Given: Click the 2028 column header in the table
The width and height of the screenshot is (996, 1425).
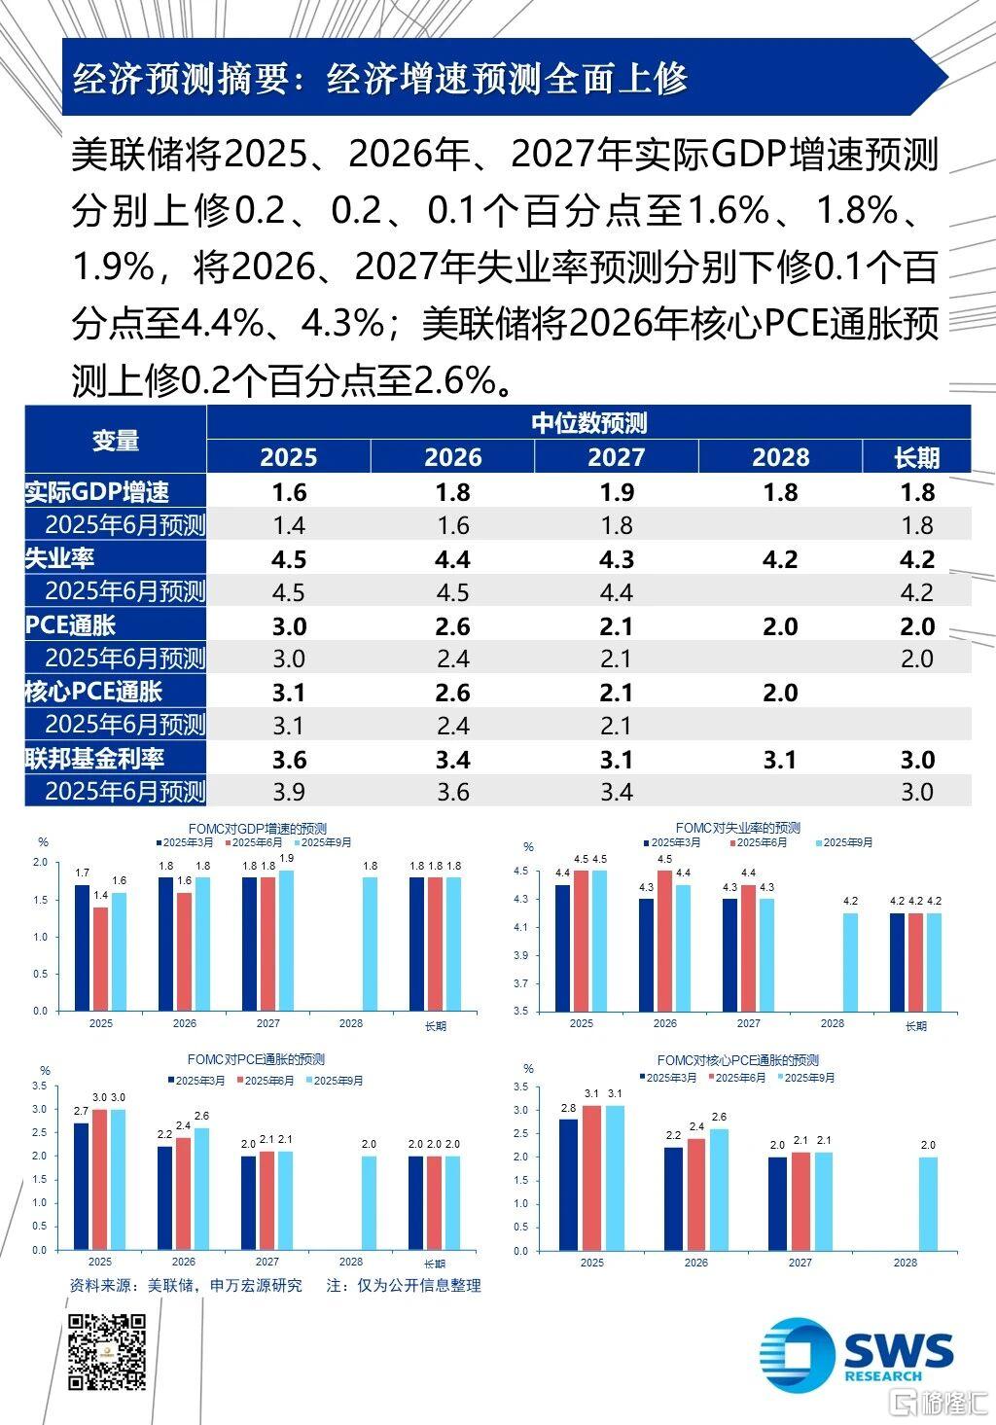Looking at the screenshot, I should point(780,457).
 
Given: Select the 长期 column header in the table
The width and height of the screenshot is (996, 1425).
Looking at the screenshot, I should point(916,457).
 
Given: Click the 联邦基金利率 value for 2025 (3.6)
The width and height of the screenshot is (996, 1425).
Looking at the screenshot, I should point(289,759).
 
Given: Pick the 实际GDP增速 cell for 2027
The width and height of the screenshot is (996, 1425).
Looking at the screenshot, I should point(617,491).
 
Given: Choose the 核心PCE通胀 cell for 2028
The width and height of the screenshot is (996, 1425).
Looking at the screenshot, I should point(780,693).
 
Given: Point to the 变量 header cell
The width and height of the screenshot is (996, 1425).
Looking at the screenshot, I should point(116,440).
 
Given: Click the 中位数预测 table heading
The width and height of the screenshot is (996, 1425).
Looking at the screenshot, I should point(588,422).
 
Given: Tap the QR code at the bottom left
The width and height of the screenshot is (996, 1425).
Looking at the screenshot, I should point(107,1351).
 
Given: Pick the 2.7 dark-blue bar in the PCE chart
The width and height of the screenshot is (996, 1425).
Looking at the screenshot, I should point(82,1186).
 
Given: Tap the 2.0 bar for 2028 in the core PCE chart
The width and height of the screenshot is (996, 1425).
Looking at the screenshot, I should point(928,1203).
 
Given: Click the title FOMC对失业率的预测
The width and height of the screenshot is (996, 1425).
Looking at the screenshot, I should point(737,828).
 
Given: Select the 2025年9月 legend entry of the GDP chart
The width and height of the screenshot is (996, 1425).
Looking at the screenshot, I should point(325,842).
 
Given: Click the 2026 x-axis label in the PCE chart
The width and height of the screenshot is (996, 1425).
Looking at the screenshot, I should point(185,1263).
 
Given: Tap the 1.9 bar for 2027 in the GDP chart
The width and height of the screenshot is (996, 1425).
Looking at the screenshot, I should point(286,940).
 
